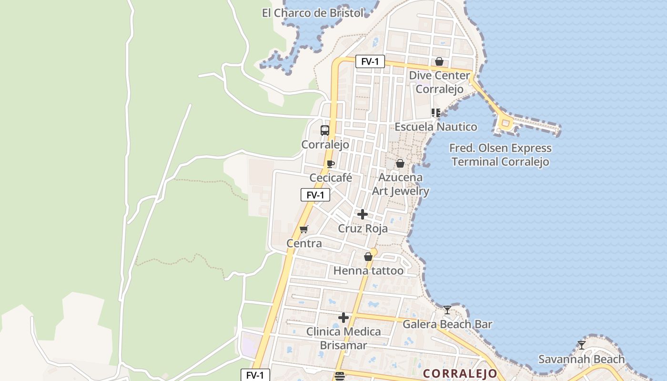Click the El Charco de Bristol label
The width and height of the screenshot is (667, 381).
[x=313, y=13]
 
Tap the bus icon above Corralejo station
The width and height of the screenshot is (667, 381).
[x=325, y=130]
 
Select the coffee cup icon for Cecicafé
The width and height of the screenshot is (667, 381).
[x=331, y=164]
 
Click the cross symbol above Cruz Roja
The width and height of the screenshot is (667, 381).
[x=363, y=214]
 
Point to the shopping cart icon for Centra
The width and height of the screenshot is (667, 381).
[x=304, y=229]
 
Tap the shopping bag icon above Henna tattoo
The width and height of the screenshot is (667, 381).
[x=368, y=257]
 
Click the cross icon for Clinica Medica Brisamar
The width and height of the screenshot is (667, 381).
[x=344, y=318]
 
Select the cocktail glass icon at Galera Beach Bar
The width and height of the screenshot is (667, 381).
[x=447, y=310]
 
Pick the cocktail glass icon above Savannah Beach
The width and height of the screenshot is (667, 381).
[x=581, y=345]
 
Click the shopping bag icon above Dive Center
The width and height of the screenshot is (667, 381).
[x=439, y=62]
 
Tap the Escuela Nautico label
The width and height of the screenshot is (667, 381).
[x=436, y=127]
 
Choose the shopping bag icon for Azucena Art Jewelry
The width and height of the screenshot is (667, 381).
[x=400, y=164]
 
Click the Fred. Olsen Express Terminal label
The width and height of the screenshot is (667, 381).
[x=500, y=155]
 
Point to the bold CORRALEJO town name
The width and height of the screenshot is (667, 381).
[x=460, y=373]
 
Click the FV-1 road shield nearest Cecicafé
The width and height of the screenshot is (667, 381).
[x=315, y=195]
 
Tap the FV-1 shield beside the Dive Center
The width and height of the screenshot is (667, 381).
[x=370, y=61]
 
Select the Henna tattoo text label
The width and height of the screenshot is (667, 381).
[x=368, y=271]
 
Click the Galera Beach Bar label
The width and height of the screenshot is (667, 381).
[x=447, y=324]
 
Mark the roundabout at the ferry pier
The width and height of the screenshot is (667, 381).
[x=505, y=124]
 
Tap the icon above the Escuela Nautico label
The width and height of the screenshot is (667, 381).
[x=435, y=113]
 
